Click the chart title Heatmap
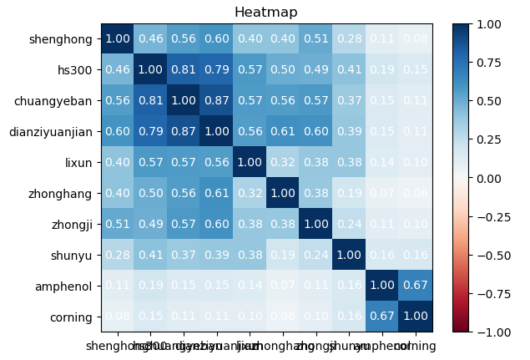tap(266, 12)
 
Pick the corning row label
tap(71, 317)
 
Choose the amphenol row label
tap(65, 286)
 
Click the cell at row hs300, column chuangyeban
tap(182, 69)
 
